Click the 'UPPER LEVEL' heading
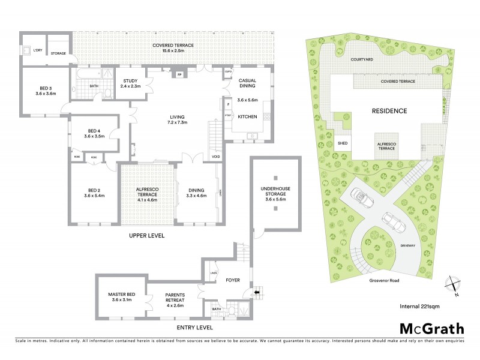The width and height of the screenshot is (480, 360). [x=146, y=236]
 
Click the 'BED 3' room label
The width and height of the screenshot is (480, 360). [x=46, y=90]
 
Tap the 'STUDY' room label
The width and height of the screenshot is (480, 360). [x=131, y=83]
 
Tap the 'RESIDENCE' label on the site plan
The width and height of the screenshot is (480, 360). [x=389, y=111]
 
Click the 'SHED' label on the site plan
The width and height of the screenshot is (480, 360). [x=343, y=144]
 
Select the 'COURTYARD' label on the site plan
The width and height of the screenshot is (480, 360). [x=364, y=61]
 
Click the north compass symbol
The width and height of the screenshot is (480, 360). [x=453, y=286]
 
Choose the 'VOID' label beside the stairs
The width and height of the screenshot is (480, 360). [x=215, y=157]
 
